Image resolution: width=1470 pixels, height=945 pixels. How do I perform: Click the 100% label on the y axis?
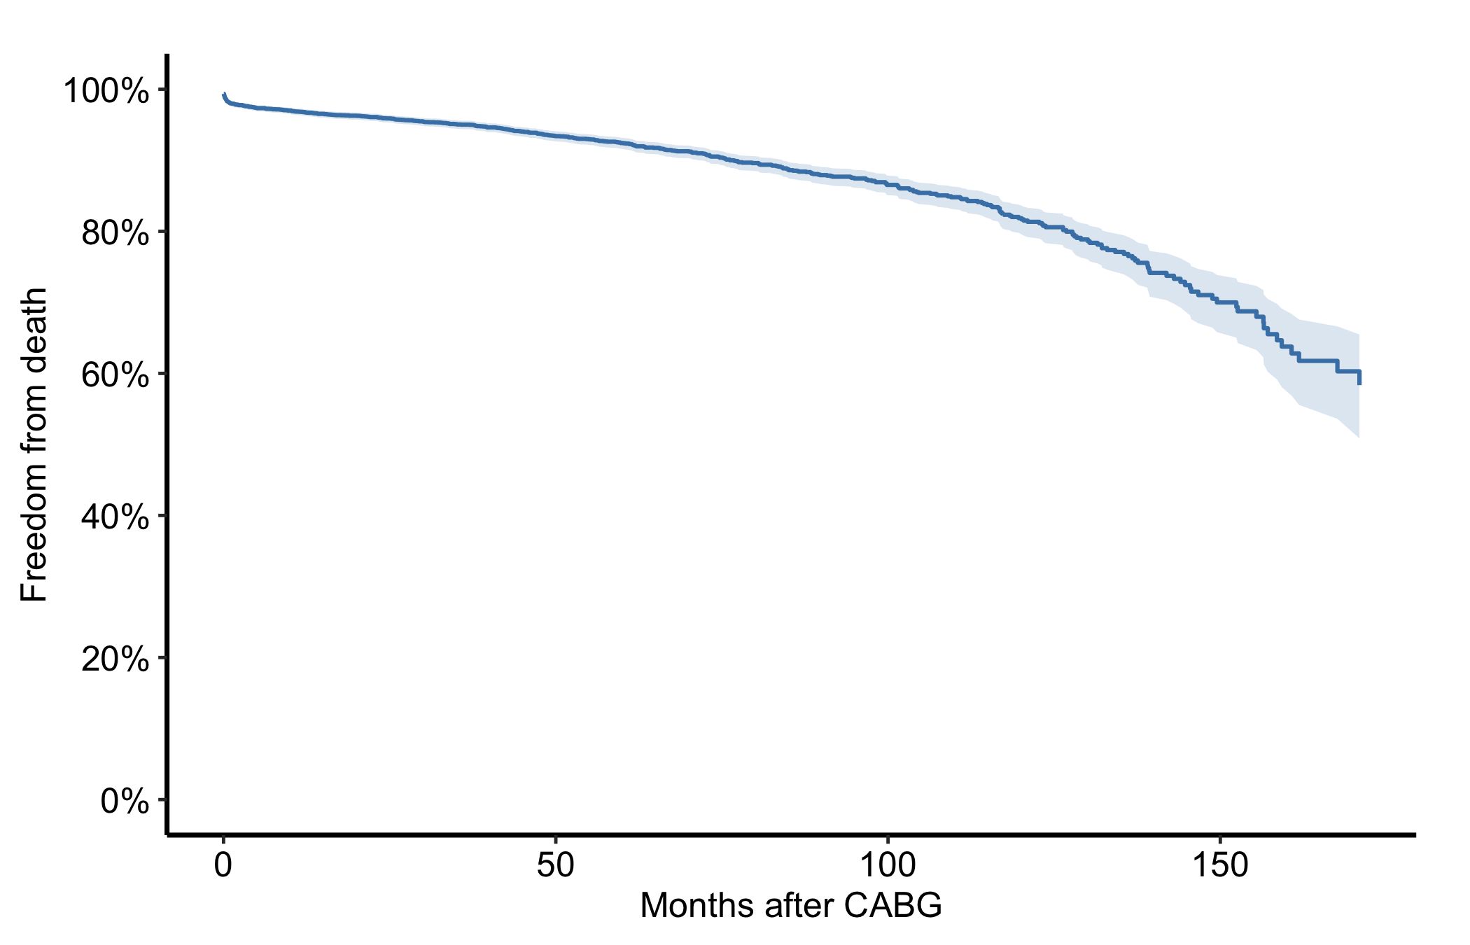coord(106,91)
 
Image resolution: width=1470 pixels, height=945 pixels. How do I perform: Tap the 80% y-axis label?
coord(115,233)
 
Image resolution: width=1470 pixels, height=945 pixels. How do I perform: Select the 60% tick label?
coord(115,375)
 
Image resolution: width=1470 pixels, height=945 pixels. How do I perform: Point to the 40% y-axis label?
coord(115,517)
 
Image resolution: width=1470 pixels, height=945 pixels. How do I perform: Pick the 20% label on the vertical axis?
coord(115,659)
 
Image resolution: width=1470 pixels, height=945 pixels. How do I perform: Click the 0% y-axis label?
coord(125,801)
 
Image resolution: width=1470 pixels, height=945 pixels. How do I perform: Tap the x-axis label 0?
coord(223,866)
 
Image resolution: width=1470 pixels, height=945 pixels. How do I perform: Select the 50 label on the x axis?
coord(556,866)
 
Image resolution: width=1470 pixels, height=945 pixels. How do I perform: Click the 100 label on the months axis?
coord(888,866)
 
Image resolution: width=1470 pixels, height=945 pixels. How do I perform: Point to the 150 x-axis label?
coord(1220,866)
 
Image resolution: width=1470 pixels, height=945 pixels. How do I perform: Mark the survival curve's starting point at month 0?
coord(223,94)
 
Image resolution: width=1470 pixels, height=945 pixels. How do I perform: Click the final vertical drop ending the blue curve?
coord(1359,377)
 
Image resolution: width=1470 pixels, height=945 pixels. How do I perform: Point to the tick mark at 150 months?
coord(1220,840)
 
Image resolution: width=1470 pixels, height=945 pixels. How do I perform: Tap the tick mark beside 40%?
coord(162,516)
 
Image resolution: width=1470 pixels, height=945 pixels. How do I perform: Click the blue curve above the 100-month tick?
coord(888,185)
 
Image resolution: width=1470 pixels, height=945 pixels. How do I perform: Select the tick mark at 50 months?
coord(556,840)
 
